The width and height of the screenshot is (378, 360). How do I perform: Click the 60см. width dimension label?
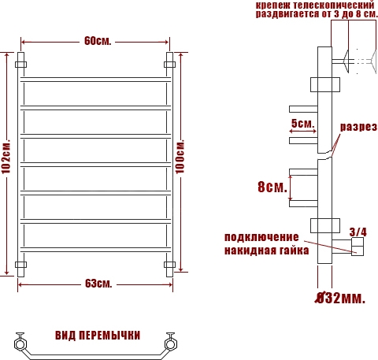(x=98, y=41)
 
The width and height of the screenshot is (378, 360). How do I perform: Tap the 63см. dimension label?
(x=98, y=284)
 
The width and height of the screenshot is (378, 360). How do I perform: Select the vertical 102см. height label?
(x=6, y=156)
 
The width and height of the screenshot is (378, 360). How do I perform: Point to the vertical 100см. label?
(x=180, y=156)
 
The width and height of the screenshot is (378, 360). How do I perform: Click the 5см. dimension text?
(x=302, y=124)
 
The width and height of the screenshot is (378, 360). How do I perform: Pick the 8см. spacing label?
(x=272, y=187)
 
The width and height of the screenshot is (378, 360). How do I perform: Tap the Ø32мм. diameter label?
(x=340, y=298)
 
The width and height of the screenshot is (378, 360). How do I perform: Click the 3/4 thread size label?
(x=358, y=232)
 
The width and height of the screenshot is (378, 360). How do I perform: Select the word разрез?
(x=358, y=127)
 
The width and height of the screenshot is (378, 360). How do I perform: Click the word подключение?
(x=261, y=237)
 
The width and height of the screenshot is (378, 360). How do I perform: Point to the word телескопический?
(x=333, y=6)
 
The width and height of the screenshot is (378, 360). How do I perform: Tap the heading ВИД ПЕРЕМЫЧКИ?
(x=98, y=336)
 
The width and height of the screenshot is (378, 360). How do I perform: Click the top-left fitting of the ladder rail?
(x=20, y=65)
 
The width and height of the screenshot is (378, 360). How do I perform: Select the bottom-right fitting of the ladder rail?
(x=169, y=265)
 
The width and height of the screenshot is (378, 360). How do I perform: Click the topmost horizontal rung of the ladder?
(x=96, y=80)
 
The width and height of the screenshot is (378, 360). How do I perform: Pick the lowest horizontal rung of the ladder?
(x=96, y=250)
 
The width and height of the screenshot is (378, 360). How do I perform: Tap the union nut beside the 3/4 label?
(x=358, y=247)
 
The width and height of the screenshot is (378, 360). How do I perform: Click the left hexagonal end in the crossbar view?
(x=20, y=344)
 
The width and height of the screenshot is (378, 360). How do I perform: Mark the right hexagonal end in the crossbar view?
(x=170, y=344)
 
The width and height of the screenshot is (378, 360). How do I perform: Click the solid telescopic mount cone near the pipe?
(x=346, y=61)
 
